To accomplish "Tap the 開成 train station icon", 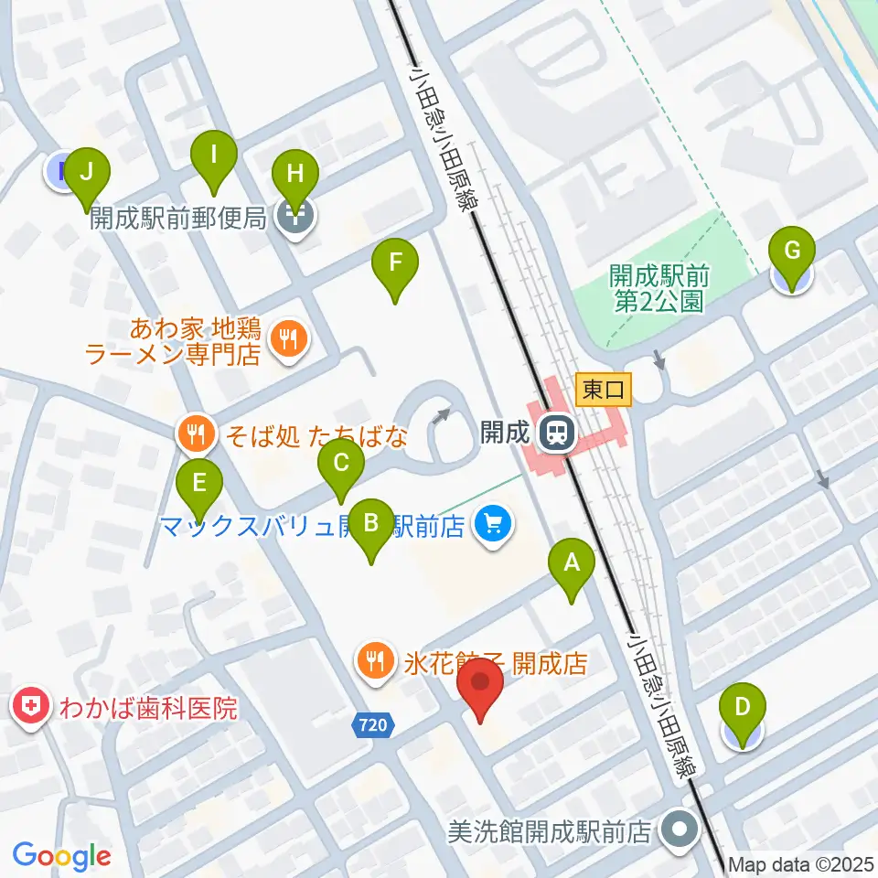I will pos(554,432).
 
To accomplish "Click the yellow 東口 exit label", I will pos(604,391).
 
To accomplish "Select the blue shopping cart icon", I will pos(494,524).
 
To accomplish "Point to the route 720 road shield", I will pos(374,725).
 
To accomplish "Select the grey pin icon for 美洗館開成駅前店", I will pos(680,830).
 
